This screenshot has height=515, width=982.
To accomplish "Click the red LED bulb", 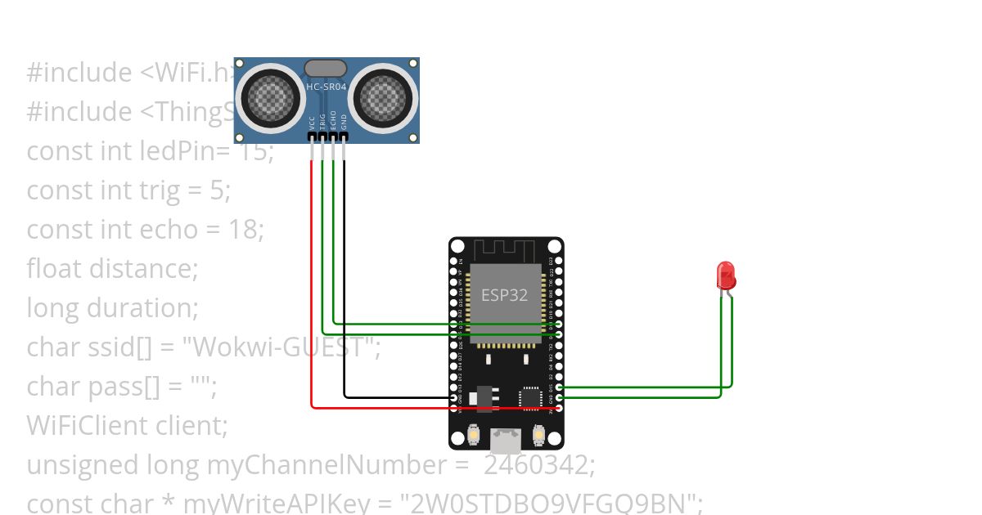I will coord(726,275).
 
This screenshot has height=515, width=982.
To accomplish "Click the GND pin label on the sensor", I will coord(344,123).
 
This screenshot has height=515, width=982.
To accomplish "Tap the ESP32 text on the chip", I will coord(504,295).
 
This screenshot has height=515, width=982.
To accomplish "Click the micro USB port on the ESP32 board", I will coord(506,441).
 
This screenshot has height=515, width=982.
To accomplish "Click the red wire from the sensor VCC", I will coord(312,286).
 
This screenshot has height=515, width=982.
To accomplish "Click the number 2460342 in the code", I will coord(537,465).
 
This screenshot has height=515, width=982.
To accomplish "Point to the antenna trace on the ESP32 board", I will coord(505,249).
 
